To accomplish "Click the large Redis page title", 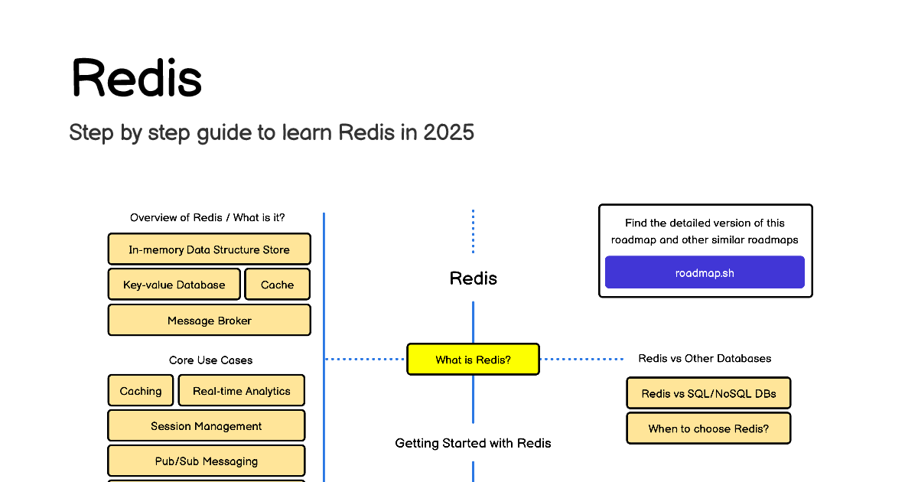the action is point(137,78).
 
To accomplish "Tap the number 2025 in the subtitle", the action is point(448,132).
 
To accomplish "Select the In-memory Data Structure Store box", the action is point(210,249).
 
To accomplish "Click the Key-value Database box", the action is point(174,285).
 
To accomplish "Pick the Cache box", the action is point(278,285).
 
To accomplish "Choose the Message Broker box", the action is point(210,320).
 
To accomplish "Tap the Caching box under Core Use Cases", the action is point(141,391).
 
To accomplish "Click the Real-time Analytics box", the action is point(242,391).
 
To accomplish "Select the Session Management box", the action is point(207,426).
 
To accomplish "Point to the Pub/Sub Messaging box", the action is point(207,461).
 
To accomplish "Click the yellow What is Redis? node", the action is point(474,360).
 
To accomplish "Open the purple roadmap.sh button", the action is point(705,272).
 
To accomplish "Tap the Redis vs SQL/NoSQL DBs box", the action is point(708,393).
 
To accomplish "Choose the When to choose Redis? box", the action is point(708,428).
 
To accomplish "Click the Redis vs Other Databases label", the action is point(705,358).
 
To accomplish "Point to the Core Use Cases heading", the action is point(210,360).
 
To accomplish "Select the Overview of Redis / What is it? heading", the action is point(207,217).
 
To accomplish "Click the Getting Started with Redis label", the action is point(473,443).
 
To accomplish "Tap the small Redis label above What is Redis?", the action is point(474,278).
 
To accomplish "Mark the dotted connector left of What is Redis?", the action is point(365,359).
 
